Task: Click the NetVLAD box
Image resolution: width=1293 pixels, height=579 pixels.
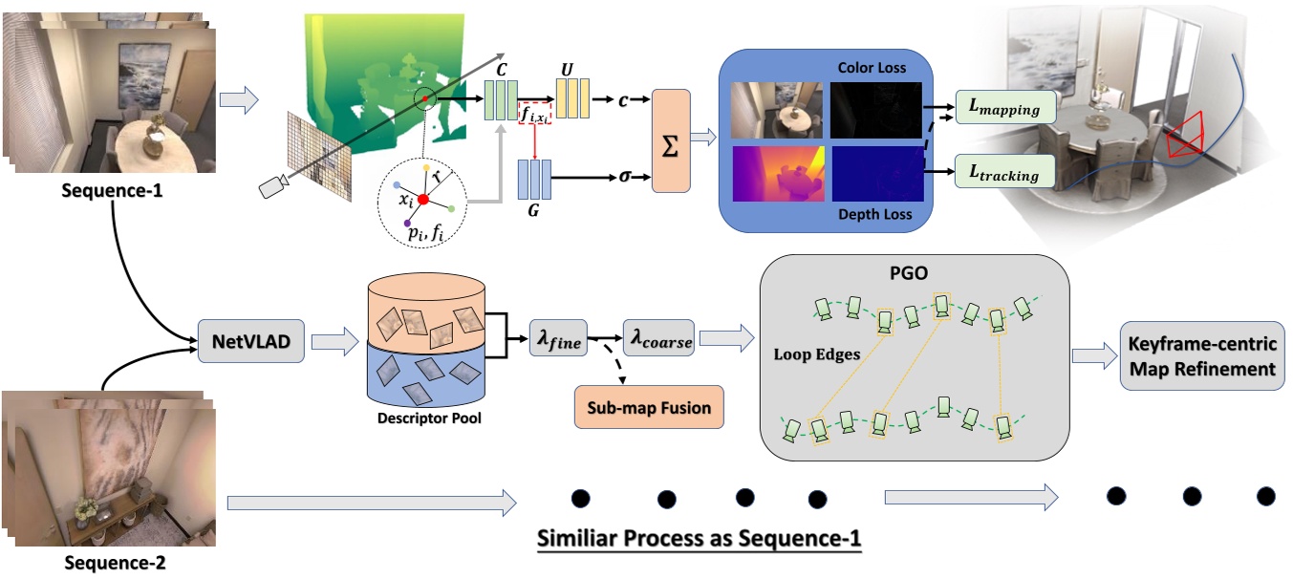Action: pos(250,339)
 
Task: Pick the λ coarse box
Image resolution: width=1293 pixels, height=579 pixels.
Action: pos(658,339)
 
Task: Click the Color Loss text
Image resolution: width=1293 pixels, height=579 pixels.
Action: pos(871,68)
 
